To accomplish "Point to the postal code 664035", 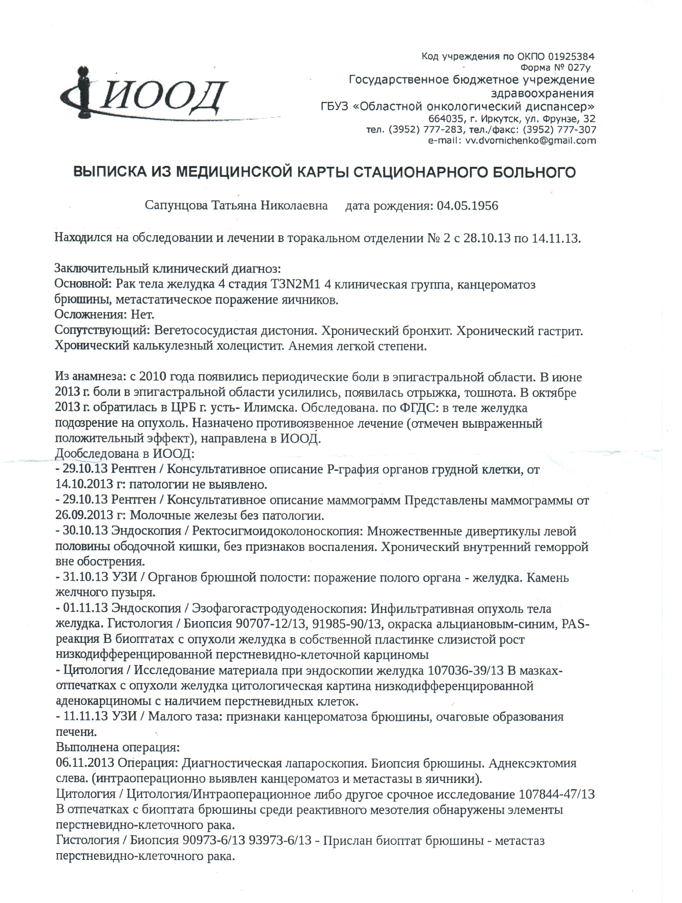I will click(446, 119).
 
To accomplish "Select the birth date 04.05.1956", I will click(467, 205).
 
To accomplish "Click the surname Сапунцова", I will click(176, 205).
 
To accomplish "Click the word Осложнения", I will click(90, 315).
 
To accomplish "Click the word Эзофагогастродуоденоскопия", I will click(279, 609).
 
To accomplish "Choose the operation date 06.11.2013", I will click(85, 763).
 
